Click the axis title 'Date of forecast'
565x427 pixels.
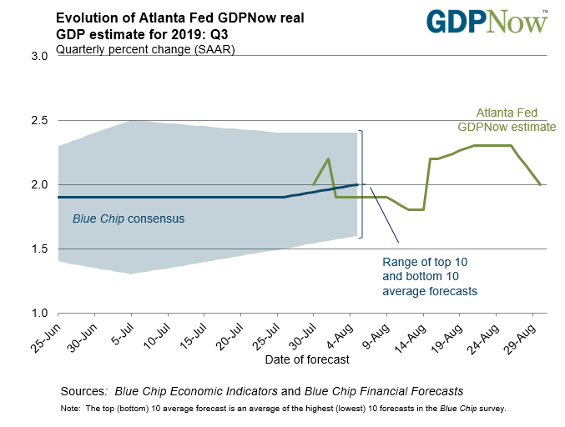(306, 360)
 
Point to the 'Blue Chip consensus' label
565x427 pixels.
(129, 219)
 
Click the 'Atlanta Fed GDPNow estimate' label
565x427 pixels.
(506, 121)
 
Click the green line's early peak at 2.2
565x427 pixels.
(328, 158)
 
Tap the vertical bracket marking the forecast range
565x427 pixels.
(361, 184)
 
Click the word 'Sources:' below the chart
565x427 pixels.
(83, 391)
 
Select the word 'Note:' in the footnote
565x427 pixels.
(71, 409)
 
